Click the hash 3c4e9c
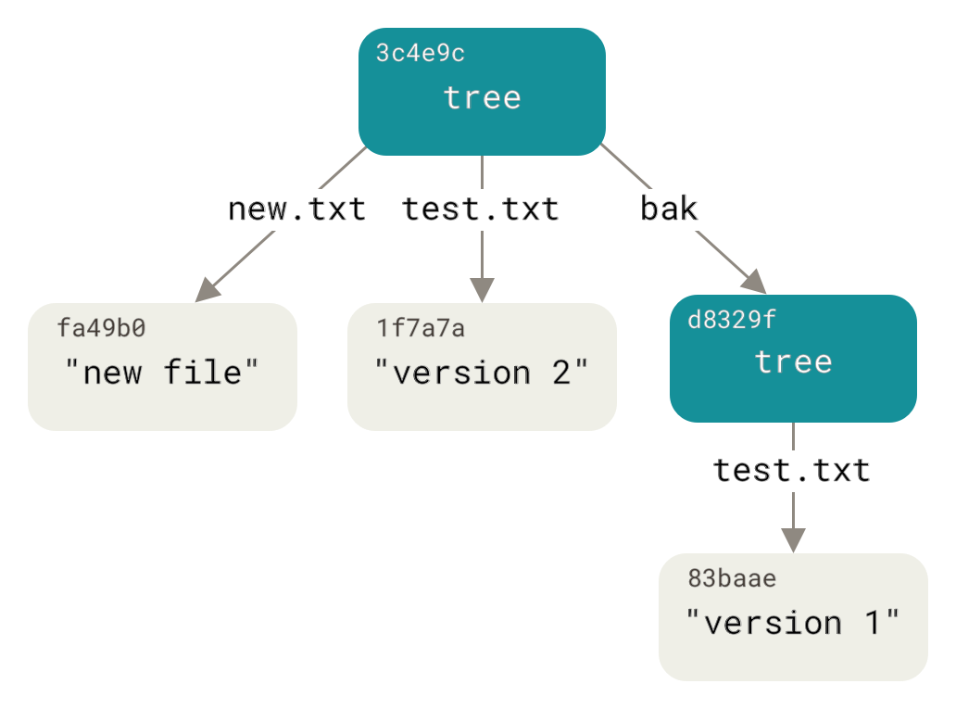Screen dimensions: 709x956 [420, 54]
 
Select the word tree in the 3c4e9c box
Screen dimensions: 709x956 [482, 97]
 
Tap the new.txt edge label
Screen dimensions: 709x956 [296, 209]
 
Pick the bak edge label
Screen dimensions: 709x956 [669, 209]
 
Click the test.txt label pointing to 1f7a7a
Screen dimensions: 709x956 [481, 209]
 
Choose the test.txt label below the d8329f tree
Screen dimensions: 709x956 [792, 471]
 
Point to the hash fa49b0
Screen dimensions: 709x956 [102, 328]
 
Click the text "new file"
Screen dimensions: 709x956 [162, 373]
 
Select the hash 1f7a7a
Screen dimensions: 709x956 [421, 328]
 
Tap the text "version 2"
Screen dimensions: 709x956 [482, 373]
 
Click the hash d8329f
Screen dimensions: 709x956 [732, 320]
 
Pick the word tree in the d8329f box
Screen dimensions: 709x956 [793, 361]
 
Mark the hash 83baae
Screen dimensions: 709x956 [732, 579]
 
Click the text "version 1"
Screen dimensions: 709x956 [793, 622]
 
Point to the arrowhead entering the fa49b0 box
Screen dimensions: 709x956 [208, 290]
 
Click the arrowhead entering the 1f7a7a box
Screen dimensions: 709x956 [482, 289]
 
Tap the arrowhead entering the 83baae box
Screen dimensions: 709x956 [793, 540]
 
